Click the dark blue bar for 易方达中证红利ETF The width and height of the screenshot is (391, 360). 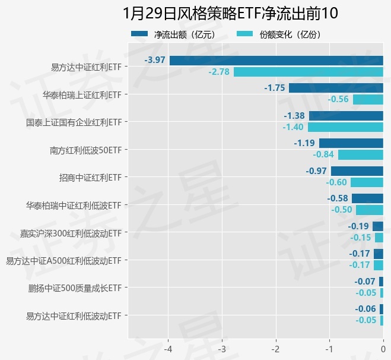pyautogui.click(x=276, y=60)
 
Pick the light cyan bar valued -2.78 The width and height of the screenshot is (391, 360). pyautogui.click(x=309, y=72)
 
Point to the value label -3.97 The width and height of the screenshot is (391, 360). pyautogui.click(x=154, y=60)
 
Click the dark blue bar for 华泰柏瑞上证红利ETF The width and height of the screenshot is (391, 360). pyautogui.click(x=336, y=88)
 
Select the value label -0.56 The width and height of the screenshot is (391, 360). pyautogui.click(x=338, y=99)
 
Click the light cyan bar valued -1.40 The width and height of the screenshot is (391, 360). pyautogui.click(x=345, y=127)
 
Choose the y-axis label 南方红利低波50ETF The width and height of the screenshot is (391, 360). pyautogui.click(x=85, y=150)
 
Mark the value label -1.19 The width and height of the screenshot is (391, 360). pyautogui.click(x=304, y=143)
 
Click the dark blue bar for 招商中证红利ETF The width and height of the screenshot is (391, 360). pyautogui.click(x=357, y=171)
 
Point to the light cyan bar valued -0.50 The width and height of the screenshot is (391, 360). pyautogui.click(x=370, y=210)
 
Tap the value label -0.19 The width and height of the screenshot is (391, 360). pyautogui.click(x=358, y=226)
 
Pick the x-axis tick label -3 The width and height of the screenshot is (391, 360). pyautogui.click(x=222, y=348)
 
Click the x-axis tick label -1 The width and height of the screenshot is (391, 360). pyautogui.click(x=329, y=348)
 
